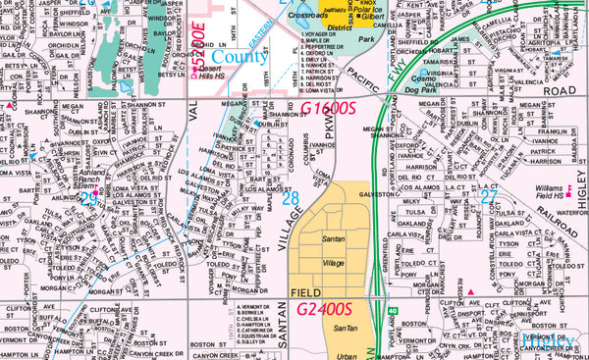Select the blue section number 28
point(291,199)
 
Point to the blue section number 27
point(489,196)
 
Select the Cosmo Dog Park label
point(426,82)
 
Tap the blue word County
point(241,58)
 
